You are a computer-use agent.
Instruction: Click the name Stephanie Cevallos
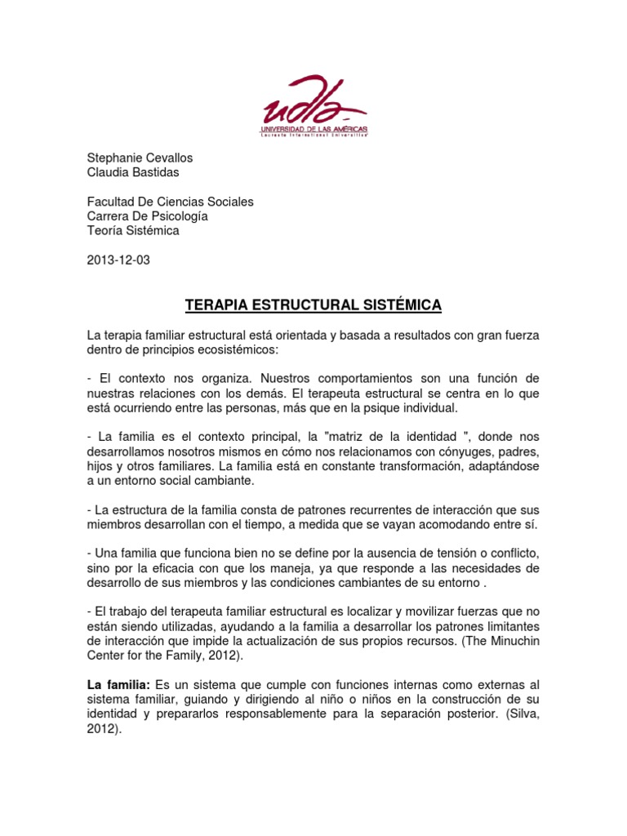140,158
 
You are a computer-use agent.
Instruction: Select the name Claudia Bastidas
133,171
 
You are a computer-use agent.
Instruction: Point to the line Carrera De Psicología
147,216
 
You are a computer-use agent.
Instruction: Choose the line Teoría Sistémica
133,230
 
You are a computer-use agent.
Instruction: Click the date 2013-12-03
118,260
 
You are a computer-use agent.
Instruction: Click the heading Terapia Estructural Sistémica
313,305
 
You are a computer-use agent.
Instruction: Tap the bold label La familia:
117,684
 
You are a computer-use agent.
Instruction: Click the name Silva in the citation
524,714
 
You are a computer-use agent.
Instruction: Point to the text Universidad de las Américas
313,130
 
